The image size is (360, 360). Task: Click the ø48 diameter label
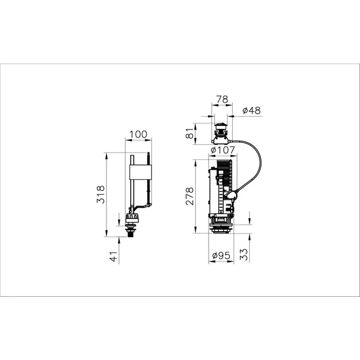[x=251, y=111]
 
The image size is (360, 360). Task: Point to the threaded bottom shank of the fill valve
[x=132, y=234]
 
